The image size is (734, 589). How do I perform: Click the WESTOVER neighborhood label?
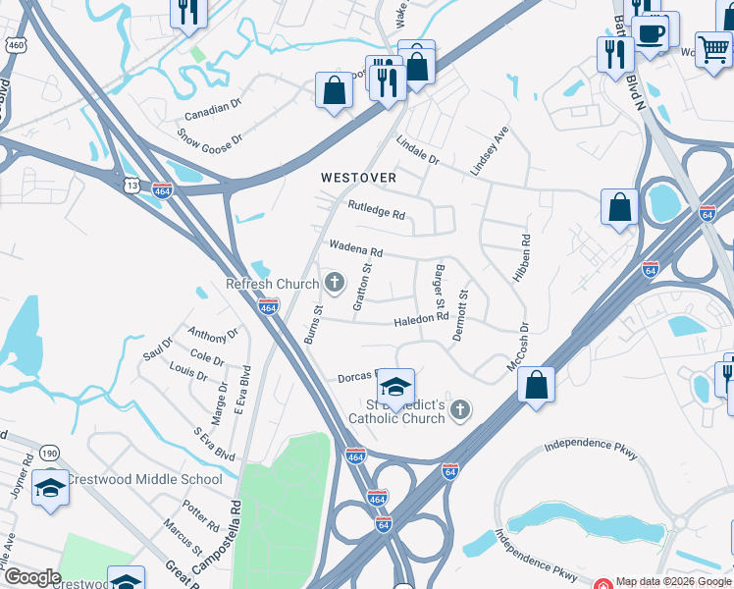pos(358,178)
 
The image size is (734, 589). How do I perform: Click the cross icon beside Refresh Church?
pos(335,284)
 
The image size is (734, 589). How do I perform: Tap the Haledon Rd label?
pos(420,318)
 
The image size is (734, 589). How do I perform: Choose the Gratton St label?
pos(362,286)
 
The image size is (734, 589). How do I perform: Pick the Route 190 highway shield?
pos(49,454)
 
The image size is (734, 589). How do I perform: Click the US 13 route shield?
pos(132,185)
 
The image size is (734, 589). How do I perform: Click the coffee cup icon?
pos(651,31)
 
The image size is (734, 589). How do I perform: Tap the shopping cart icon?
pos(713,48)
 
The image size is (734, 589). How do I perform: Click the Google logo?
pos(32,577)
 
